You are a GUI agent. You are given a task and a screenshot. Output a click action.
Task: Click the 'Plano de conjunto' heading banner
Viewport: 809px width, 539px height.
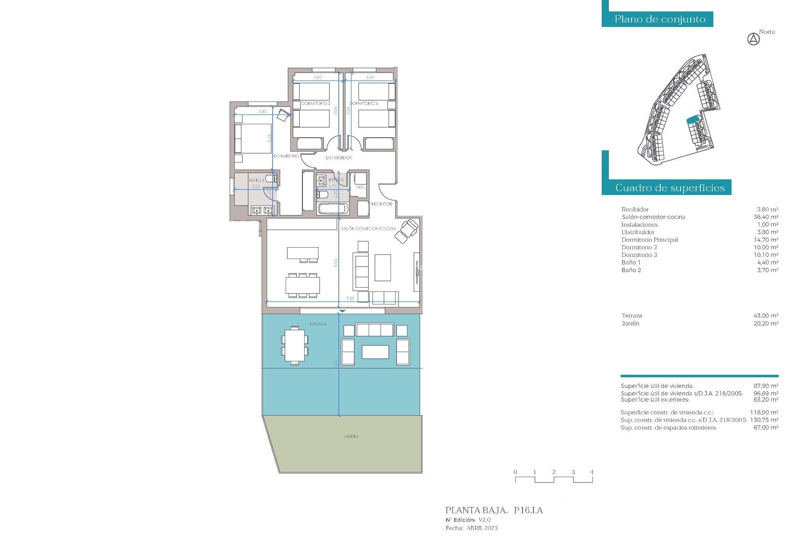tap(659, 19)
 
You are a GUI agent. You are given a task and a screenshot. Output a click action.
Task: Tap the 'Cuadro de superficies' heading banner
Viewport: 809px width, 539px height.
tap(670, 188)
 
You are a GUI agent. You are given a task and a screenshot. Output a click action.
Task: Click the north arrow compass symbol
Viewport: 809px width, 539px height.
tap(753, 39)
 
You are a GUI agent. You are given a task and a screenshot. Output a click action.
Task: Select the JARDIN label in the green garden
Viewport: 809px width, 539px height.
tap(350, 437)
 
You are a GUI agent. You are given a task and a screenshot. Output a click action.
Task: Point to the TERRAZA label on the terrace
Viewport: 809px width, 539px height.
tap(317, 324)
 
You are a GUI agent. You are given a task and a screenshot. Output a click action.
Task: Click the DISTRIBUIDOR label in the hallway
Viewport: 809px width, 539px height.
tap(338, 158)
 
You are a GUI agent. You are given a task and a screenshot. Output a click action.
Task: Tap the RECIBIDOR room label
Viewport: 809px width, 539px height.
tap(381, 204)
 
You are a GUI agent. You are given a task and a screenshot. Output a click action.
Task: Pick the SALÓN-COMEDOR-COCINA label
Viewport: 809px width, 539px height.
tap(368, 229)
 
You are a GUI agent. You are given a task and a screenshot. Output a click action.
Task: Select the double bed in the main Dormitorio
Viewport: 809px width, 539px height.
tap(253, 138)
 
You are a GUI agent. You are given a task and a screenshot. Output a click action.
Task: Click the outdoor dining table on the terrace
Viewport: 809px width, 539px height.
tap(295, 345)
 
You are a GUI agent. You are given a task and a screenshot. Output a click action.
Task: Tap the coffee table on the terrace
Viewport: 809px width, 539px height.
tap(375, 352)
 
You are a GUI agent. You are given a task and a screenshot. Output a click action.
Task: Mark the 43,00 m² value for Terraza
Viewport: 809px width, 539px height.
tap(766, 316)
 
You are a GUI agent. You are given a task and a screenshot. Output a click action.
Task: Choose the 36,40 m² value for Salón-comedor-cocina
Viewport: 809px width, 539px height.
tap(766, 217)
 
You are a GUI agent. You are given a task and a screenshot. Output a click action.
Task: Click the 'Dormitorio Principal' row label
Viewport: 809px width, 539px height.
tap(649, 240)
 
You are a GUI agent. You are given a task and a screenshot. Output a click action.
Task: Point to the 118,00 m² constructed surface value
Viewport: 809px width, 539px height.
tap(764, 413)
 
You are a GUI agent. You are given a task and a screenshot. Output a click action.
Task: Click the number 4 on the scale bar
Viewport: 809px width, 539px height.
tap(592, 472)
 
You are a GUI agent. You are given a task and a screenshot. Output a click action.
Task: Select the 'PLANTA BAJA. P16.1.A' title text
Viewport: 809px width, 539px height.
tap(494, 510)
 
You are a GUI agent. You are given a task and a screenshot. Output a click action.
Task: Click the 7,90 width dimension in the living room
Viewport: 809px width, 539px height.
tap(350, 299)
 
